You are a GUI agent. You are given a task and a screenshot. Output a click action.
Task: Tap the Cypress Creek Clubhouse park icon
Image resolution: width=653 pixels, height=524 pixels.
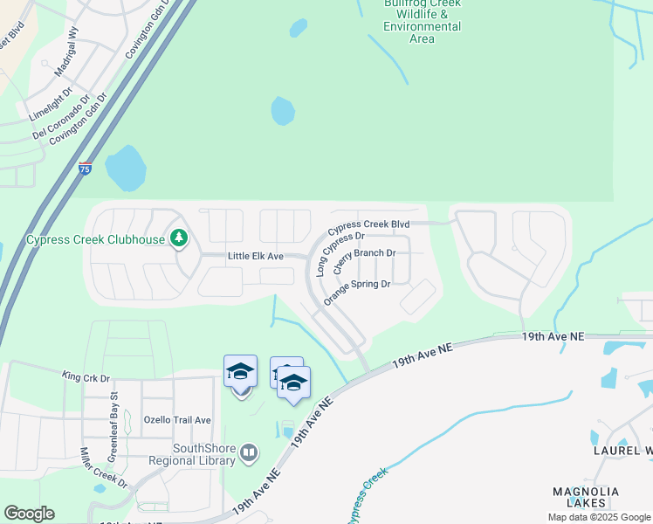(x=179, y=238)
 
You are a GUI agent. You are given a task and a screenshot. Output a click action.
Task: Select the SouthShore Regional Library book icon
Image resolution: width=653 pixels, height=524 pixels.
(x=250, y=452)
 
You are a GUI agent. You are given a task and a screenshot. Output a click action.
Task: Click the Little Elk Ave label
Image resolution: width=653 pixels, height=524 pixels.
(x=256, y=256)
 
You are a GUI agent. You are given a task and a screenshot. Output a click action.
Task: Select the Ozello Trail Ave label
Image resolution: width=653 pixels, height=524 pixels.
(x=178, y=420)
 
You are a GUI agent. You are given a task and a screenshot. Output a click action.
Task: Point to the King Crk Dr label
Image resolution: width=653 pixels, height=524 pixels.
(x=86, y=377)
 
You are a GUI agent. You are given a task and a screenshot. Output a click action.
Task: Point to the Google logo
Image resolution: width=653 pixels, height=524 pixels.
(x=29, y=514)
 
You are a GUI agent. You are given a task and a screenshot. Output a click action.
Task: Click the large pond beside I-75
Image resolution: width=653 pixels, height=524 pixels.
(x=126, y=168)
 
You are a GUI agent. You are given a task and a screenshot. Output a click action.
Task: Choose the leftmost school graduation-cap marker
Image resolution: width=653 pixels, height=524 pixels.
(x=241, y=373)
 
